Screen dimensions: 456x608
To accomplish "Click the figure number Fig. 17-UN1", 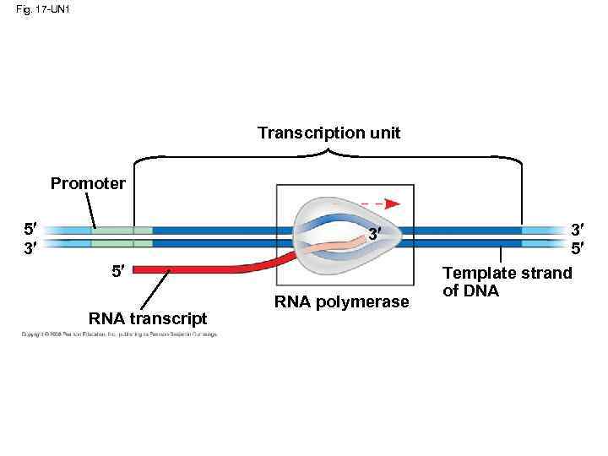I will [x=40, y=10].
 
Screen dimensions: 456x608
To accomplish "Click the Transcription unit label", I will [x=328, y=133].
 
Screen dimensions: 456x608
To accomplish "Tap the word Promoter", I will [x=88, y=183].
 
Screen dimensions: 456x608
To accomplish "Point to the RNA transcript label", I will [x=147, y=318].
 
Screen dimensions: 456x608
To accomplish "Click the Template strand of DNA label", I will [x=508, y=282].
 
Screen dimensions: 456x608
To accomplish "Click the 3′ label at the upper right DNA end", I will [x=578, y=229].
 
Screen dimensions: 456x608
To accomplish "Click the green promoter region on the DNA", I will [x=122, y=236].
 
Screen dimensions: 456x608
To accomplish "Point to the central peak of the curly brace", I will [x=328, y=152].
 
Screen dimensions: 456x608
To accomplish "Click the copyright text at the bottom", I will [x=119, y=335].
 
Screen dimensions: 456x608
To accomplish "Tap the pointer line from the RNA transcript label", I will [x=155, y=290].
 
